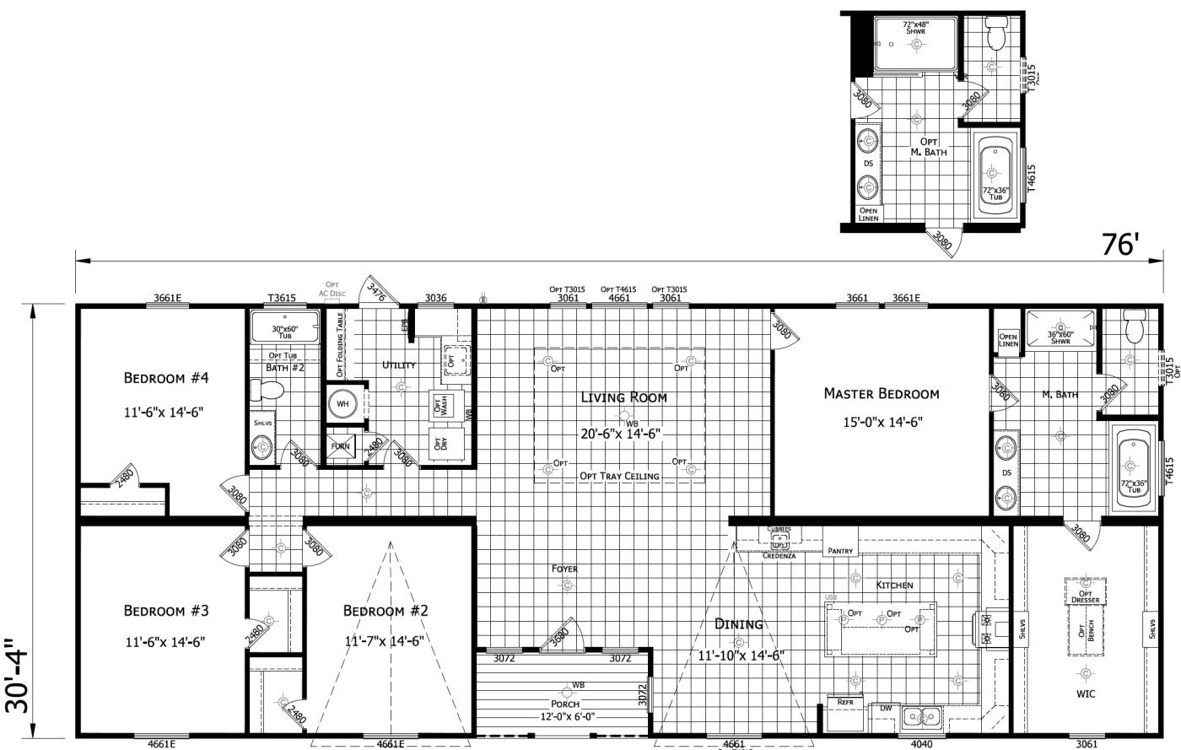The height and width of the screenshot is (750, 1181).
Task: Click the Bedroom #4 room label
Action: click(x=166, y=378)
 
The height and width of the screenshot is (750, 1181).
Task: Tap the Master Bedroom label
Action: click(x=881, y=393)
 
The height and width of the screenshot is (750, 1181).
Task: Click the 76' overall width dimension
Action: click(x=1120, y=244)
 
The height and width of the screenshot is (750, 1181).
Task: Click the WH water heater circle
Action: click(x=342, y=404)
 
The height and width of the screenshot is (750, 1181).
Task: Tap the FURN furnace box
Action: click(x=341, y=446)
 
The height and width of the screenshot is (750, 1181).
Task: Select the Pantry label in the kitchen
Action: click(x=840, y=551)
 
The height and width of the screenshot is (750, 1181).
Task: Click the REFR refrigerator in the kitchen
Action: click(x=845, y=702)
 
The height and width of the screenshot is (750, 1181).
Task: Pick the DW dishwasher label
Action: click(x=885, y=709)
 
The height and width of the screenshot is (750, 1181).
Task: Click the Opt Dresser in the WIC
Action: click(x=1085, y=593)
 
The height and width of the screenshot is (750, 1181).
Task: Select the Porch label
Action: click(x=565, y=704)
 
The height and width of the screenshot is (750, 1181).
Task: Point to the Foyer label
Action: click(x=564, y=569)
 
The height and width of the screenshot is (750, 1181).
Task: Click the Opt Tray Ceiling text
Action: click(x=619, y=476)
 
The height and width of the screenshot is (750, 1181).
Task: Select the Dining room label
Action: click(x=738, y=624)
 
